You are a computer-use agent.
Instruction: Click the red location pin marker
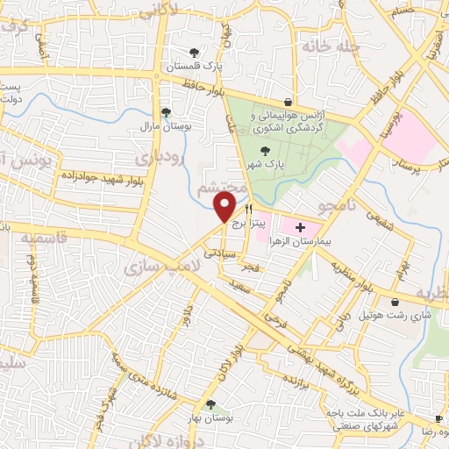coord(224,207)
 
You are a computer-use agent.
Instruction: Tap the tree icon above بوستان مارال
coord(166,111)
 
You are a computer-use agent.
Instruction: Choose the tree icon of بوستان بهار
coord(210,404)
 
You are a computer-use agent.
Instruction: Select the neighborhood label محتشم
coord(218,187)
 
